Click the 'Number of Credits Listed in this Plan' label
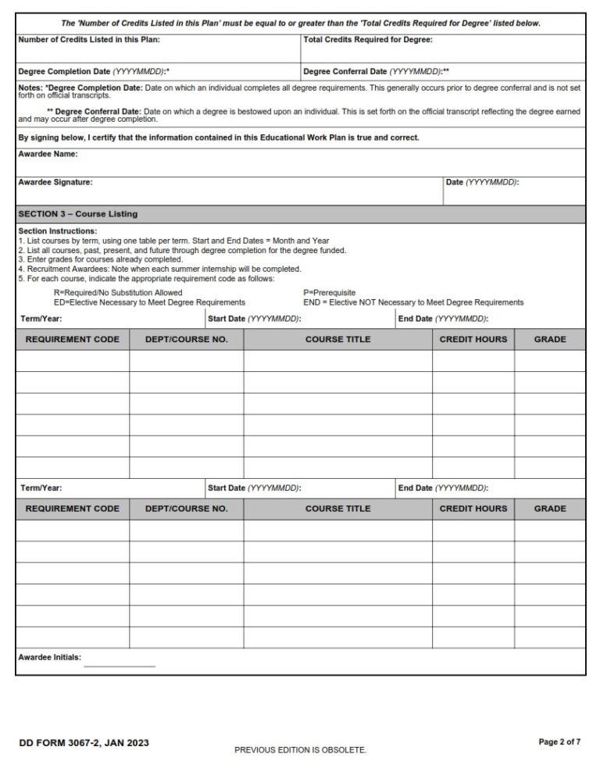coord(89,39)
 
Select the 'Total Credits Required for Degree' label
coord(367,39)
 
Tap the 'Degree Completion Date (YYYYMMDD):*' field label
coord(94,71)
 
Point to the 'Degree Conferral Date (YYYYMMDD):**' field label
coord(376,71)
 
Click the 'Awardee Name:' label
coord(48,155)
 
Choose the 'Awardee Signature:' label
coord(55,182)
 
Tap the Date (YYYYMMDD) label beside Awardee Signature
coord(482,182)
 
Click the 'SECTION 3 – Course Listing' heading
coord(77,214)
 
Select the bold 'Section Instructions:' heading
coord(57,231)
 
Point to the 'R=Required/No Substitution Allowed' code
coord(118,293)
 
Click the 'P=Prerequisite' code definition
coord(329,293)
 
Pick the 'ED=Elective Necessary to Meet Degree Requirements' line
coord(149,302)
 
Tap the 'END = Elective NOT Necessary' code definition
coord(413,302)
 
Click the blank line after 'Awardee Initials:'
coord(120,664)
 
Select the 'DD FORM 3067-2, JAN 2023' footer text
coord(84,742)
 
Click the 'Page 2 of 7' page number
coord(559,741)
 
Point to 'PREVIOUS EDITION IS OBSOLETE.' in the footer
coord(300,750)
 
